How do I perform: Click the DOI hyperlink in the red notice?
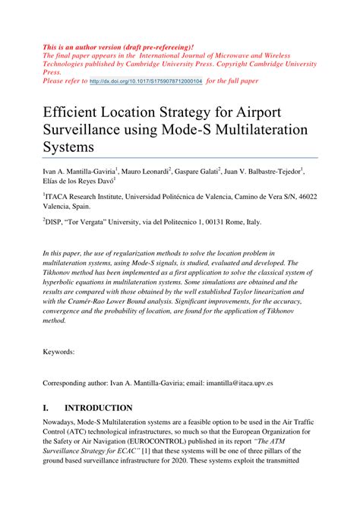click(146, 79)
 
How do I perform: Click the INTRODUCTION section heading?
click(99, 408)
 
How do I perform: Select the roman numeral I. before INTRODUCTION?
click(47, 408)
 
